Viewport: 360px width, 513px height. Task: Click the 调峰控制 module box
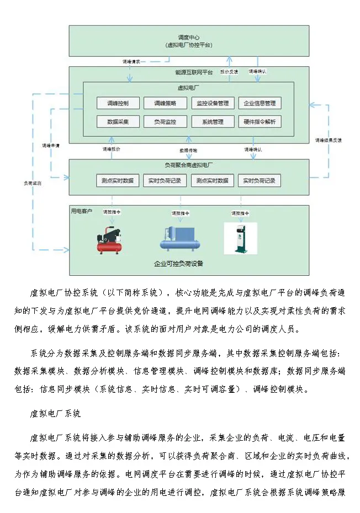tap(118, 103)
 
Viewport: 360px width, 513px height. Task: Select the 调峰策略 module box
tap(165, 103)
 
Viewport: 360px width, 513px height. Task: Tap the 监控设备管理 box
tap(213, 103)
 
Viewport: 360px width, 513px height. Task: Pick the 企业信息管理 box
tap(260, 103)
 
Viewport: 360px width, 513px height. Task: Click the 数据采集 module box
tap(118, 122)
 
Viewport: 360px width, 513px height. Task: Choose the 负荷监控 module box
tap(165, 122)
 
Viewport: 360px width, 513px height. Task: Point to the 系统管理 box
tap(213, 122)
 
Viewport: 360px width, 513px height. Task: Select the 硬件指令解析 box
tap(260, 122)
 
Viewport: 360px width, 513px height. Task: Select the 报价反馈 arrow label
tap(229, 72)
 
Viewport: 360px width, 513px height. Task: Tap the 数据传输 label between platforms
tap(188, 150)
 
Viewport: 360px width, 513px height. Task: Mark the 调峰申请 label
tap(51, 146)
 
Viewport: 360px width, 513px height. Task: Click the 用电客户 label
tap(81, 211)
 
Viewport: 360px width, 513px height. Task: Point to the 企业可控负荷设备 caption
tap(178, 264)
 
